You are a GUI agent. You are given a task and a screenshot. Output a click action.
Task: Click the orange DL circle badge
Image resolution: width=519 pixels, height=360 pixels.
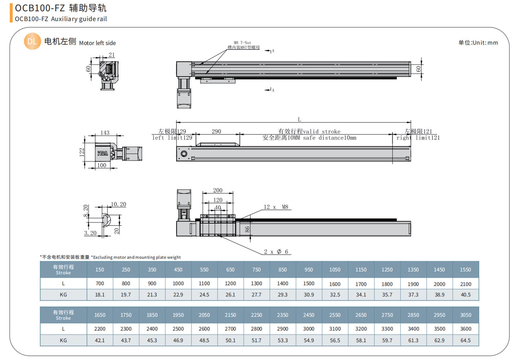32,41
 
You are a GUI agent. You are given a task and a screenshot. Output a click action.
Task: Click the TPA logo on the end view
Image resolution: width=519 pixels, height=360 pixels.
102,153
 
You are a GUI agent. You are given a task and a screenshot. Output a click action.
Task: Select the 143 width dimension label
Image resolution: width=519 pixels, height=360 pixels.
105,133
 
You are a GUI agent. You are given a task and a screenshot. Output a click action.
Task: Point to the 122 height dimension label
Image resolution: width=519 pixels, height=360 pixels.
82,152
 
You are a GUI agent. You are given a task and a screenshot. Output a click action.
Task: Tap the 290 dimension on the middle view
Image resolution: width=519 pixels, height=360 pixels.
216,132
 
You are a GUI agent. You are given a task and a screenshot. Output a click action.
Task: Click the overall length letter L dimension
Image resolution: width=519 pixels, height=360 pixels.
299,119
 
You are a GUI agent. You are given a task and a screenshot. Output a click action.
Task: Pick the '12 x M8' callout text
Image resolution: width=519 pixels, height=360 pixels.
276,207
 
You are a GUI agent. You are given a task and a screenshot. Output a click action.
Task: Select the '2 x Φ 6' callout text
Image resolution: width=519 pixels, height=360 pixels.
276,252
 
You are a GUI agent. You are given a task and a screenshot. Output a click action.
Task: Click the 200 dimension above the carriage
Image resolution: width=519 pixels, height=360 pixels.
218,190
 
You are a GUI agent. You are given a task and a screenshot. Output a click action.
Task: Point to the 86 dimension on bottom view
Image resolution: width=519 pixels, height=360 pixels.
247,229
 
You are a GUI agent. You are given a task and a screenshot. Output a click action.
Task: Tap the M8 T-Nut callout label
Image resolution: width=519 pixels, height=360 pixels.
242,43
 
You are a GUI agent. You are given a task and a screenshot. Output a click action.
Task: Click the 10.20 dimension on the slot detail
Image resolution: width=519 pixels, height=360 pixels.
119,205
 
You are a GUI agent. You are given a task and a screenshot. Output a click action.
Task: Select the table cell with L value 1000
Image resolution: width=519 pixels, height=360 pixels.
178,284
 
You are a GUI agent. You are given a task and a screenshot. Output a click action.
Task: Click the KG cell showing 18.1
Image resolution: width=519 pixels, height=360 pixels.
100,295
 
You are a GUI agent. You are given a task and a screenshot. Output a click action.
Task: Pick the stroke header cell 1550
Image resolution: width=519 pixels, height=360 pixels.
465,269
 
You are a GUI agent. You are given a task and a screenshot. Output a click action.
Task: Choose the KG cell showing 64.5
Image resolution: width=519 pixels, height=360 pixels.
465,340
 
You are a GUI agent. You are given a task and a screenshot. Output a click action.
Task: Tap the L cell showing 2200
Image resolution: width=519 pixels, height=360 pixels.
100,329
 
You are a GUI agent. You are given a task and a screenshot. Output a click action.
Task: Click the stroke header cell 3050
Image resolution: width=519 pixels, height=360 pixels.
465,315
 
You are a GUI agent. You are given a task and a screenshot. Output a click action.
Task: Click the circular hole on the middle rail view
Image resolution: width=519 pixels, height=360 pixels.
184,154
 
